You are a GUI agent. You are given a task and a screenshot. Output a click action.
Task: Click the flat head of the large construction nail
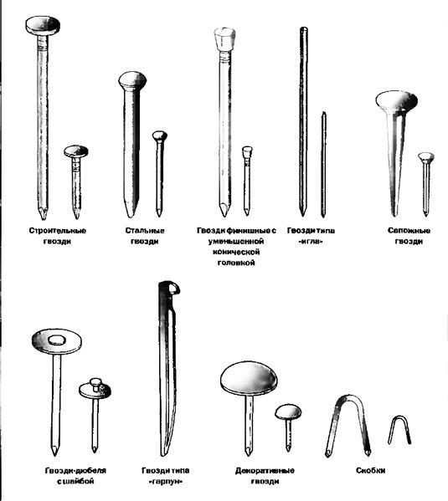tap(43, 26)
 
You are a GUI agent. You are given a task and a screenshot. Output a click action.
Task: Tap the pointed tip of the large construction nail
tap(44, 218)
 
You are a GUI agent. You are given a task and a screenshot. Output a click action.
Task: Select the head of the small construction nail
tap(76, 151)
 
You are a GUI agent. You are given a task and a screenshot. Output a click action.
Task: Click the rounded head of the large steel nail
tap(132, 81)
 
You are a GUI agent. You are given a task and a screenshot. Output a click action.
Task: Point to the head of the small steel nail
tap(160, 136)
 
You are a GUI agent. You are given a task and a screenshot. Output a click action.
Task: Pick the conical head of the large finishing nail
tap(224, 38)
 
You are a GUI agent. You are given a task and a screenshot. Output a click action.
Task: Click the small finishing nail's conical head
tap(247, 152)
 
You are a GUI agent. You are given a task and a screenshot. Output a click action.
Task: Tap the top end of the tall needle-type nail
tap(304, 28)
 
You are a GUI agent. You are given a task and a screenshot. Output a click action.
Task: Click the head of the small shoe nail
tap(426, 157)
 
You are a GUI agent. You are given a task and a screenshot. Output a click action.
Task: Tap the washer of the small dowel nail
tap(95, 391)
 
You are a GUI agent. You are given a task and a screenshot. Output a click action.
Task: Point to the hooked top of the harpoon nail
tap(170, 288)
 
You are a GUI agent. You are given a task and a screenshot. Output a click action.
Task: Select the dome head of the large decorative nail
tap(249, 379)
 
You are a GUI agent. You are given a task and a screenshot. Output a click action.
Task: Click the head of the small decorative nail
tap(288, 412)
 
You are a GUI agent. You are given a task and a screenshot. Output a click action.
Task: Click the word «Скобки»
tap(371, 470)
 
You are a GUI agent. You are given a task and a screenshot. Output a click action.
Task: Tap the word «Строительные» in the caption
tap(58, 230)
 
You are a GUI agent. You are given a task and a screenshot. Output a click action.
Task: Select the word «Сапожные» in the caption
tap(409, 230)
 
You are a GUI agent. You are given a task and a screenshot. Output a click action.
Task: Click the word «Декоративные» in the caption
tap(265, 471)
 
